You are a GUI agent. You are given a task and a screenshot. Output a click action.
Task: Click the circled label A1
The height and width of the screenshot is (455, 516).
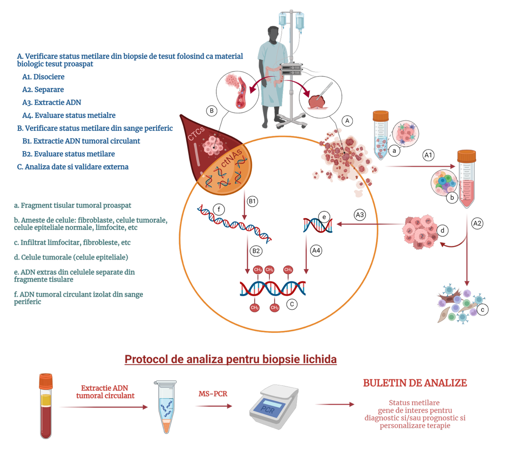[x=428, y=155]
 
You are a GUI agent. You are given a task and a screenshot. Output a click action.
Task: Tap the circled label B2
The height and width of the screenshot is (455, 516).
[x=256, y=251]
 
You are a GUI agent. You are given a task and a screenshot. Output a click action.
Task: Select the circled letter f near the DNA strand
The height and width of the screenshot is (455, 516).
[x=219, y=210]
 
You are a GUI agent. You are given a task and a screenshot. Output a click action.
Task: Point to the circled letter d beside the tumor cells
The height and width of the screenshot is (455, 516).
[x=442, y=230]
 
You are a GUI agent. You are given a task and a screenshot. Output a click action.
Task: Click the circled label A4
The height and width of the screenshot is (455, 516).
[x=316, y=250]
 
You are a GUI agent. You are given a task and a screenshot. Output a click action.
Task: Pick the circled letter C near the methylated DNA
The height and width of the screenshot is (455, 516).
[x=291, y=304]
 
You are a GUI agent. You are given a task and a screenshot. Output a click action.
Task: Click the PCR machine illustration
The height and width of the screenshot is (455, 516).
[x=274, y=406]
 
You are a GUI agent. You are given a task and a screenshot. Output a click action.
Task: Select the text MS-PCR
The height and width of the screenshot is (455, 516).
[x=213, y=394]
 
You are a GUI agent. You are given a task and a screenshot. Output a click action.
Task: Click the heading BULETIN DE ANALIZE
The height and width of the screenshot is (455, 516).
[x=415, y=383]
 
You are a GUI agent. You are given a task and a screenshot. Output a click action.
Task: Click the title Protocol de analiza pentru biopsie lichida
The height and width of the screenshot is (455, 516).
[x=230, y=359]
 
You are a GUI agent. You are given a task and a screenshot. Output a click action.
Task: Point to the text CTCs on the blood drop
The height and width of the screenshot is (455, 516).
[x=196, y=134]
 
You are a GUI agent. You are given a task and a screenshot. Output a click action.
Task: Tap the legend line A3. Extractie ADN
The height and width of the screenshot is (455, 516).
[x=52, y=102]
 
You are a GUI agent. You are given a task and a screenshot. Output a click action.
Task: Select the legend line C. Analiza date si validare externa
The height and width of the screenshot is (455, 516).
[x=73, y=167]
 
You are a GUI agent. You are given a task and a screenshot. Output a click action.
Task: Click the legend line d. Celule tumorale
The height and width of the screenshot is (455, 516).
[x=71, y=257]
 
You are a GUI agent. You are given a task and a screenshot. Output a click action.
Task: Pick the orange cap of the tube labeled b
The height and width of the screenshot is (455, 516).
[x=466, y=156]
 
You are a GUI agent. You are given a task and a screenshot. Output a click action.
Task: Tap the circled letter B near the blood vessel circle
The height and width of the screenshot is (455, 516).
[x=211, y=111]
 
